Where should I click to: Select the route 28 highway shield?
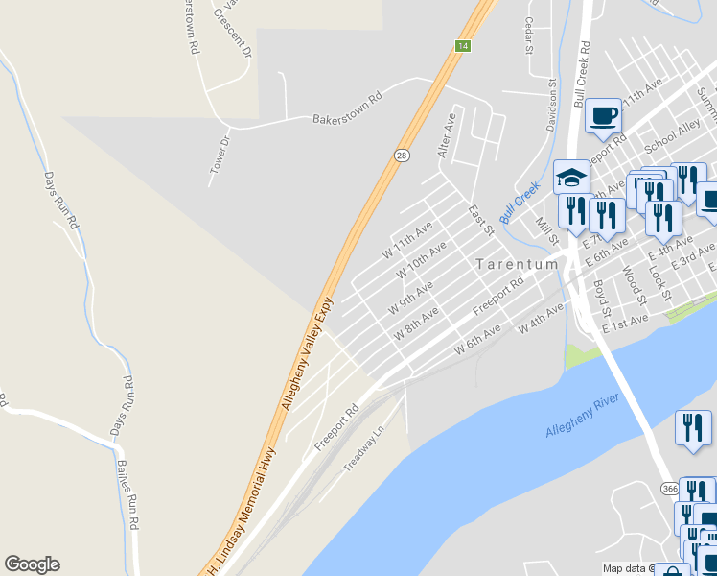404,156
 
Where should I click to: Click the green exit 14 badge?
463,46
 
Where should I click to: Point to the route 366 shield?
670,488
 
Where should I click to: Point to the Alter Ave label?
446,135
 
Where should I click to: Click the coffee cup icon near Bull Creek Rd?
604,116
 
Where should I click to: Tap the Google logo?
32,564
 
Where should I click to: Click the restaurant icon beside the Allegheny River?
693,428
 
